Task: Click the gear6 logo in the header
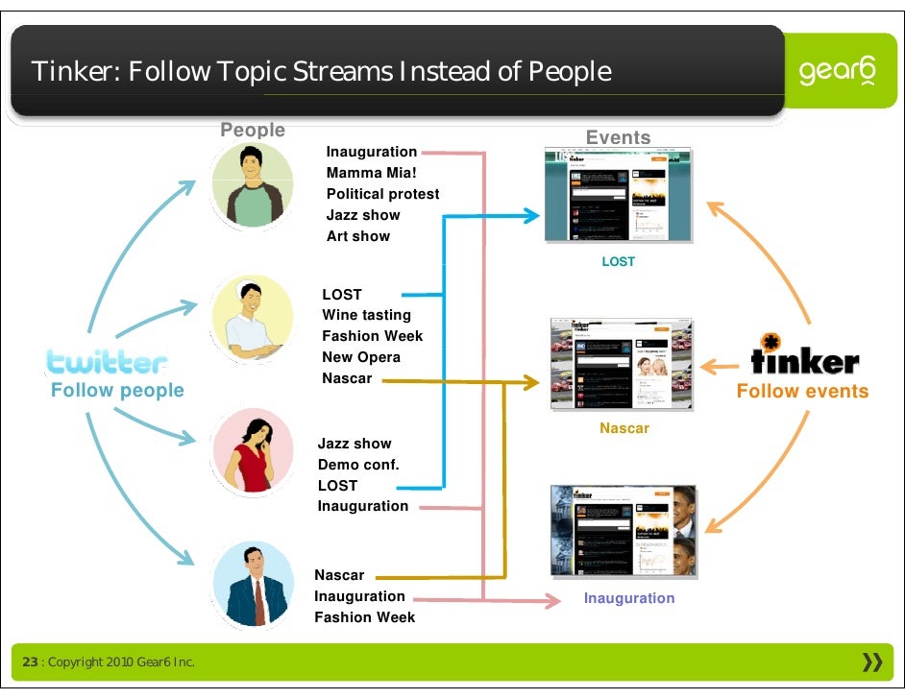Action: point(837,72)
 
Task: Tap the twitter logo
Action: point(107,362)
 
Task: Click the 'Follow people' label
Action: point(117,391)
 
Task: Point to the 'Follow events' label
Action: point(802,391)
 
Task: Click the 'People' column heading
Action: point(253,130)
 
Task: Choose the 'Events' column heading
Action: point(618,137)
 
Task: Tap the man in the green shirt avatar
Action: point(252,185)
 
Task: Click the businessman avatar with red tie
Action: point(252,582)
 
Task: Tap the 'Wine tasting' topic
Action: point(366,315)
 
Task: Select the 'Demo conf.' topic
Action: point(358,465)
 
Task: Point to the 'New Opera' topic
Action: point(361,357)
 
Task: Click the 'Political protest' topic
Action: point(382,194)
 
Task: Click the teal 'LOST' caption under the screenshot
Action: point(618,261)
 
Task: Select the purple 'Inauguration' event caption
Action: point(629,598)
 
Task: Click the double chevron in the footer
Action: point(872,662)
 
